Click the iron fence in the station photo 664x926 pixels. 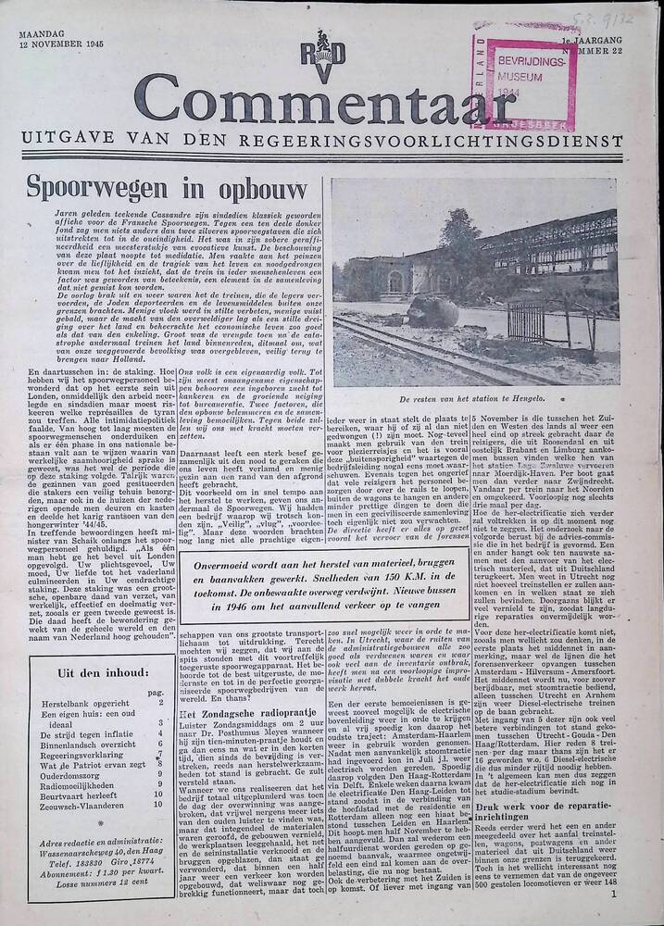tap(529, 324)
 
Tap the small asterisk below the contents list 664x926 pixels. tap(61, 820)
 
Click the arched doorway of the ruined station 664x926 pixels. tap(395, 280)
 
